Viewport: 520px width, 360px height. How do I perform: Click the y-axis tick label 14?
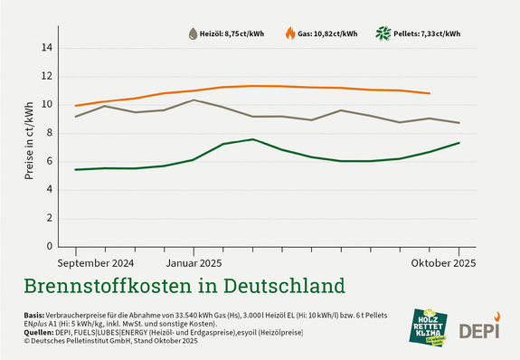click(48, 48)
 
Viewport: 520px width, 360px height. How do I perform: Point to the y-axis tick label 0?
click(51, 246)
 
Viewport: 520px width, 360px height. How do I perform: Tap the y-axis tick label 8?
click(51, 133)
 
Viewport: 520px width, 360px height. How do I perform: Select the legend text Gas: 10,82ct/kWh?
click(328, 34)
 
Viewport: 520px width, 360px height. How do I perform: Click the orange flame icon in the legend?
click(289, 34)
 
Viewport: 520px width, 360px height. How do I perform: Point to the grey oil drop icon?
click(193, 34)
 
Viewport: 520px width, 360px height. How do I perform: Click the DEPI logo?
click(479, 331)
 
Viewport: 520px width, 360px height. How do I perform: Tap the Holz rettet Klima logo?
click(430, 327)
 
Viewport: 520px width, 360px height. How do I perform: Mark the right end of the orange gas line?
click(430, 93)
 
